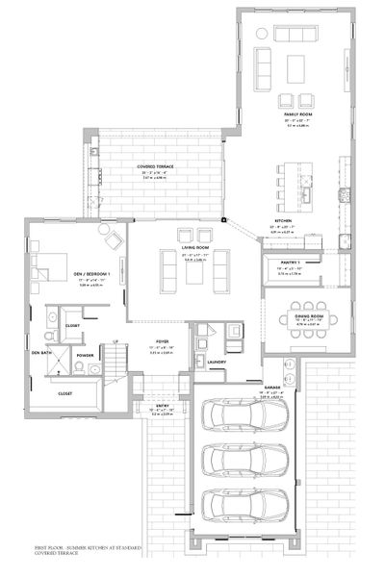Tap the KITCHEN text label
[284, 220]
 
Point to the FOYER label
[165, 340]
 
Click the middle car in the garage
[244, 460]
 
